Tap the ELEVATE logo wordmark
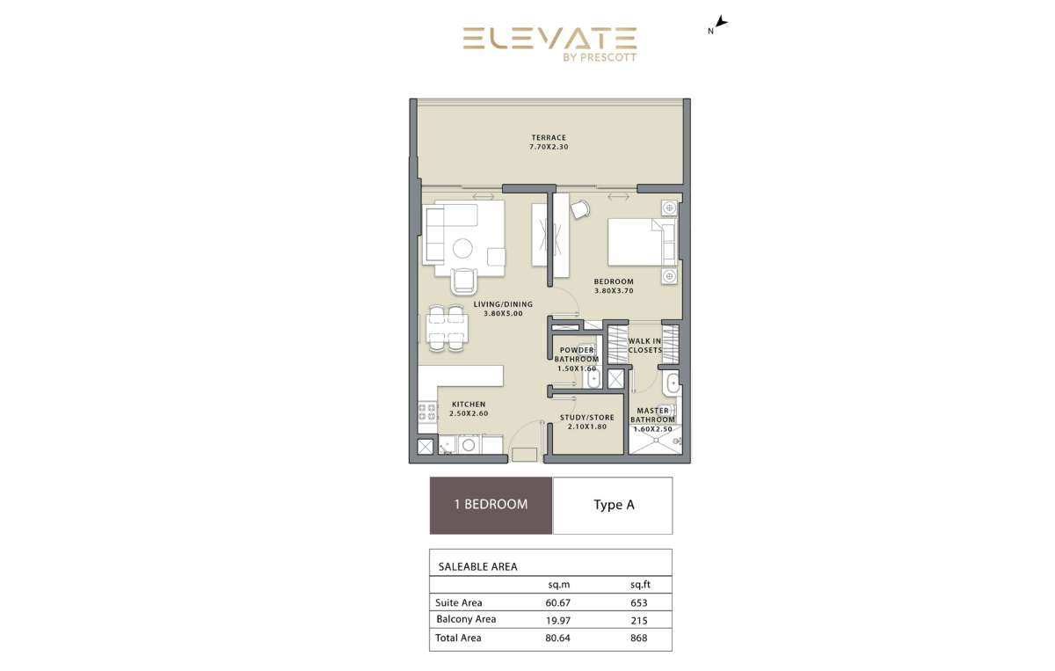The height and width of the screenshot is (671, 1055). click(549, 38)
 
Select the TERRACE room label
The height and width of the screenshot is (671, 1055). click(549, 137)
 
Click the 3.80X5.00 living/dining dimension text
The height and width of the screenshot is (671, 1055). click(503, 313)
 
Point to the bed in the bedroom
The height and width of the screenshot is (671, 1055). click(642, 242)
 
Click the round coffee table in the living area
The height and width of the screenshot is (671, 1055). click(462, 248)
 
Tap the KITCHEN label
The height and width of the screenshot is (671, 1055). click(468, 405)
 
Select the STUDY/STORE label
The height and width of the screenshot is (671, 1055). click(587, 418)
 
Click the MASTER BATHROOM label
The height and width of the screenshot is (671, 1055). click(652, 415)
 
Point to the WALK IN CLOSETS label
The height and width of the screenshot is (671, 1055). click(644, 346)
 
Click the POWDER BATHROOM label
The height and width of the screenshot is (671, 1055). click(577, 354)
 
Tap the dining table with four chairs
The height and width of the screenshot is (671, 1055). click(447, 328)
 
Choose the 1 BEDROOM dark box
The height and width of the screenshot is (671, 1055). click(491, 506)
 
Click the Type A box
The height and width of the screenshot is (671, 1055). click(613, 506)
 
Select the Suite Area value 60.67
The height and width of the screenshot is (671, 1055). click(558, 602)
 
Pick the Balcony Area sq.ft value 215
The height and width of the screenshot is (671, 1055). click(639, 621)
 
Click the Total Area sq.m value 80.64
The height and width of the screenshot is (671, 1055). click(558, 638)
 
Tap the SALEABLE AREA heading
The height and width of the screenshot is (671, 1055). click(478, 567)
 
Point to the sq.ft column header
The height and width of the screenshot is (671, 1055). click(641, 585)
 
